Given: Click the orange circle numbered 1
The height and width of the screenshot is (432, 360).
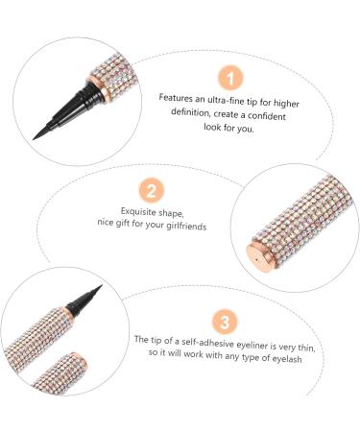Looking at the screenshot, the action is coord(230,78).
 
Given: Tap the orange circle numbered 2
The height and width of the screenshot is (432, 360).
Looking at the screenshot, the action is coord(152,190).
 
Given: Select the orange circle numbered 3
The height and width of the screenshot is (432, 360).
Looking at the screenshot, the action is coord(225,322).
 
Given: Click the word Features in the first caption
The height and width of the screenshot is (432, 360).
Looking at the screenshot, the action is coord(176,98).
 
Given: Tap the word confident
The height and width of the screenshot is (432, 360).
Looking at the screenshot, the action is coord(267,115).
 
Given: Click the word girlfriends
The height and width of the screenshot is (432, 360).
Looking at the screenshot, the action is coord(186,226).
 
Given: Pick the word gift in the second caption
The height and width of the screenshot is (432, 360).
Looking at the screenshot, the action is coord(122,223).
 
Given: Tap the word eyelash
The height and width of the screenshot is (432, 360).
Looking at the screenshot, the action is coord(287,358).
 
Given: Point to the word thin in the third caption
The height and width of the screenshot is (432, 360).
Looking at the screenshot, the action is coord(305,348).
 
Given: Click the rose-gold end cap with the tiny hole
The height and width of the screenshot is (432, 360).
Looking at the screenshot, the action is coord(259,257).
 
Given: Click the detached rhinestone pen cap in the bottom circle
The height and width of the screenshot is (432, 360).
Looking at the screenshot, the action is coord(60,373).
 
